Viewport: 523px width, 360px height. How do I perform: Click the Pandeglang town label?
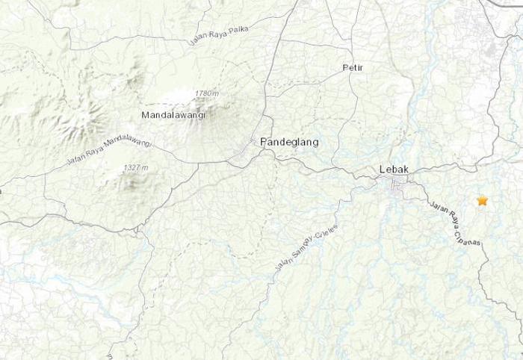point(284,142)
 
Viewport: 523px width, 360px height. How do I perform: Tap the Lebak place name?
point(394,169)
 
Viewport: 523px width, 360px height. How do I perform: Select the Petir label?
point(352,68)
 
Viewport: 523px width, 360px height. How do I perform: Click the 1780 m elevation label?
point(205,93)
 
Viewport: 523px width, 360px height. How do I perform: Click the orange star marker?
point(482,201)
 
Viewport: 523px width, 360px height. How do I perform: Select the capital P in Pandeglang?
point(263,142)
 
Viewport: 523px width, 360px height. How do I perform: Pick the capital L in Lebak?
point(382,169)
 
